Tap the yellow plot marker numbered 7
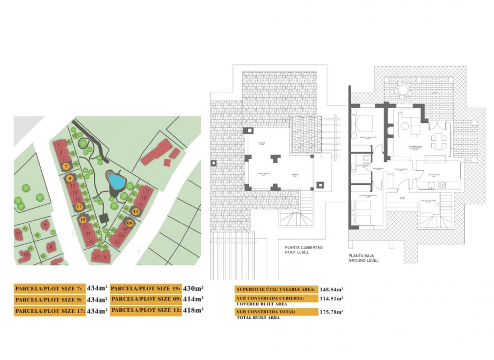[x=66, y=166]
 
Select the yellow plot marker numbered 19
[x=82, y=220]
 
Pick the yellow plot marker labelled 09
[x=129, y=223]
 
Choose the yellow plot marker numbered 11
[x=136, y=211]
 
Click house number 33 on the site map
[x=18, y=233]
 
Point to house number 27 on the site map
[x=96, y=257]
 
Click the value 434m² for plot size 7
[x=97, y=288]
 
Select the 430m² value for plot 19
[x=193, y=288]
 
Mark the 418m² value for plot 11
[x=193, y=310]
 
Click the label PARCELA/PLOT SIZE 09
[x=146, y=299]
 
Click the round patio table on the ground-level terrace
[x=404, y=89]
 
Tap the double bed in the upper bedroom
[x=363, y=125]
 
